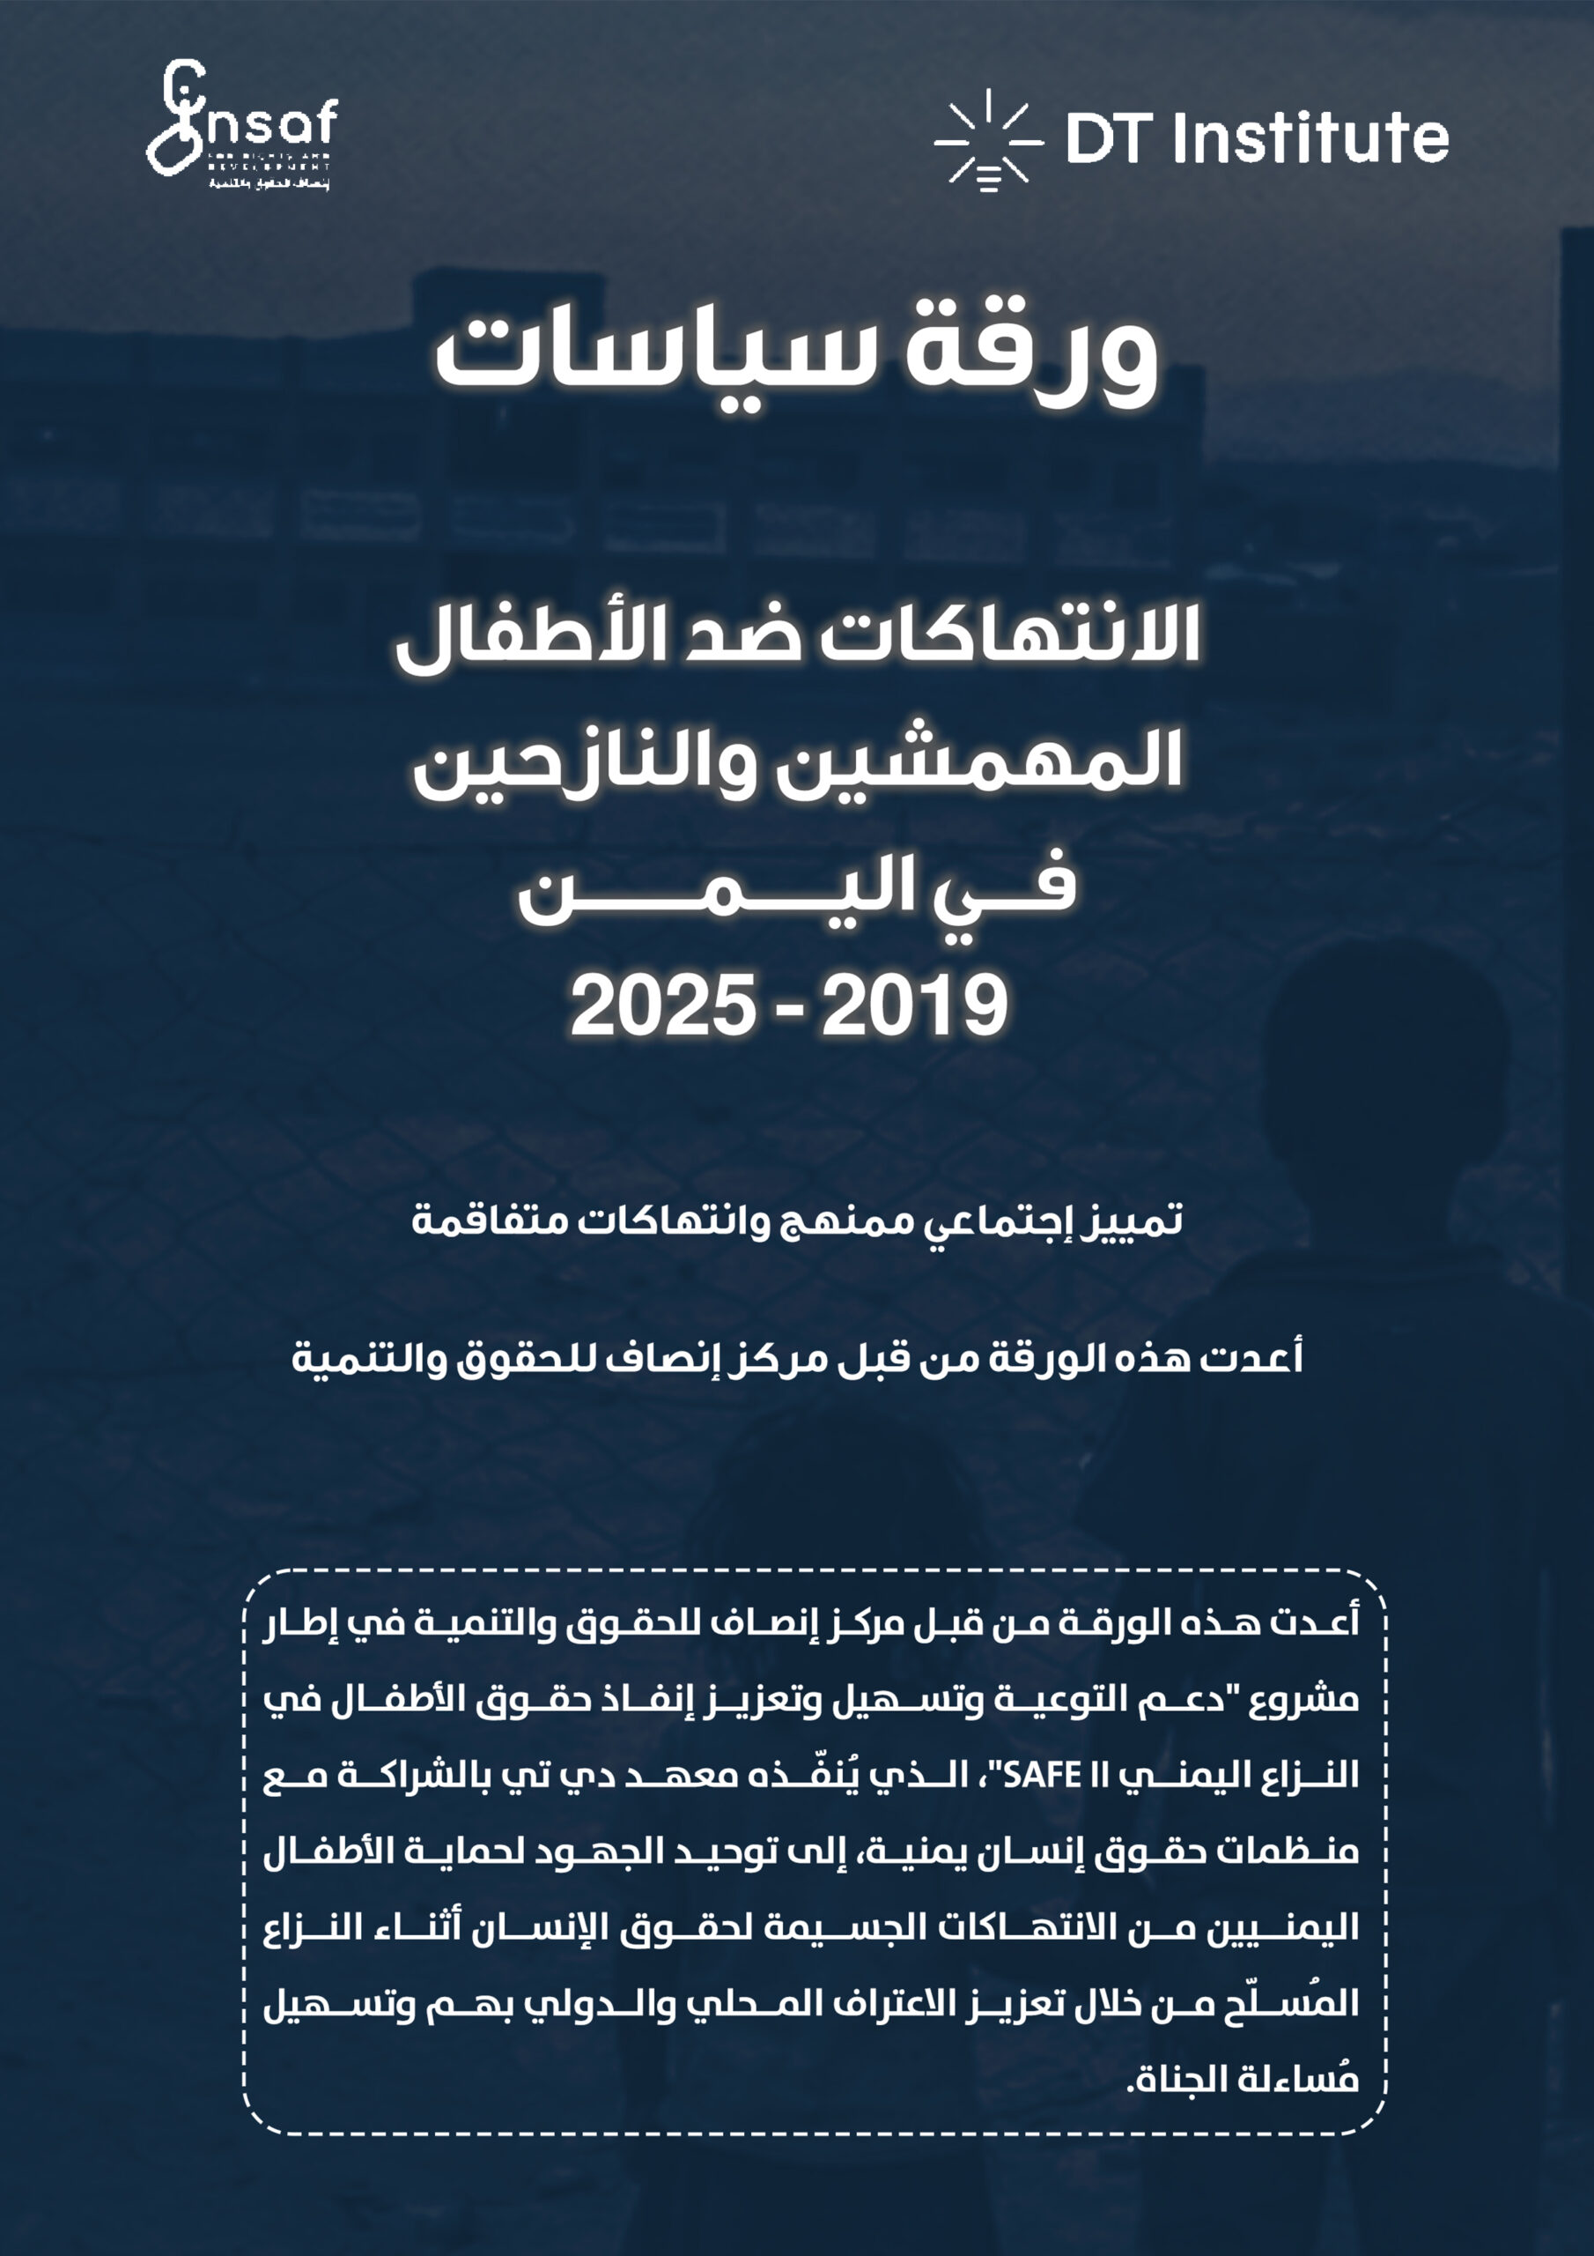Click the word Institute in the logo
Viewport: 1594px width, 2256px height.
pyautogui.click(x=1310, y=137)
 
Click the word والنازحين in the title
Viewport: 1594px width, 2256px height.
pyautogui.click(x=586, y=761)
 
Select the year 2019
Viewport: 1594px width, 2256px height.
pyautogui.click(x=913, y=1006)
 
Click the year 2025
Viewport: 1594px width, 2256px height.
pyautogui.click(x=663, y=1006)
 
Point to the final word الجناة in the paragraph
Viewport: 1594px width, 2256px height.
pyautogui.click(x=1177, y=2079)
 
